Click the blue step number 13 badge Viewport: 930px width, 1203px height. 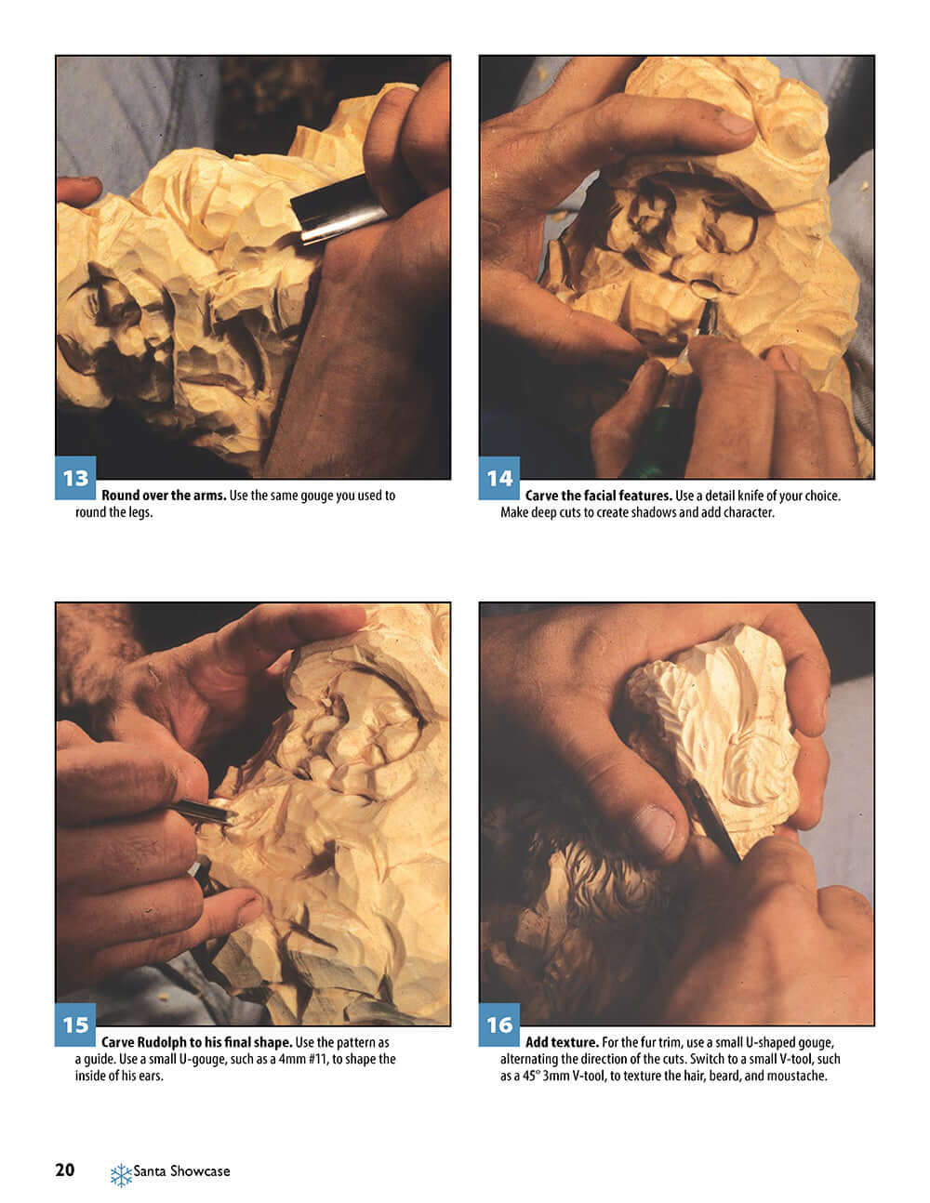click(x=75, y=478)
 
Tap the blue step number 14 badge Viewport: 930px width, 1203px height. click(x=499, y=478)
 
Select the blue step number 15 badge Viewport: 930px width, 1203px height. click(x=75, y=1025)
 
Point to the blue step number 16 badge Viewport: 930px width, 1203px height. click(x=499, y=1025)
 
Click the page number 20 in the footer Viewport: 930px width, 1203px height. click(x=65, y=1170)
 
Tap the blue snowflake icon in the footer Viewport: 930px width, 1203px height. click(x=121, y=1175)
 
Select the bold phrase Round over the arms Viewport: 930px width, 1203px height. click(x=164, y=496)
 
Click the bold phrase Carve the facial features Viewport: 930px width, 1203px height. click(x=598, y=496)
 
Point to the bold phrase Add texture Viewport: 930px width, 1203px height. click(x=562, y=1042)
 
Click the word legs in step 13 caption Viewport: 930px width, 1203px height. click(x=141, y=513)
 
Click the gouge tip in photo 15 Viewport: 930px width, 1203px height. click(x=233, y=815)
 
